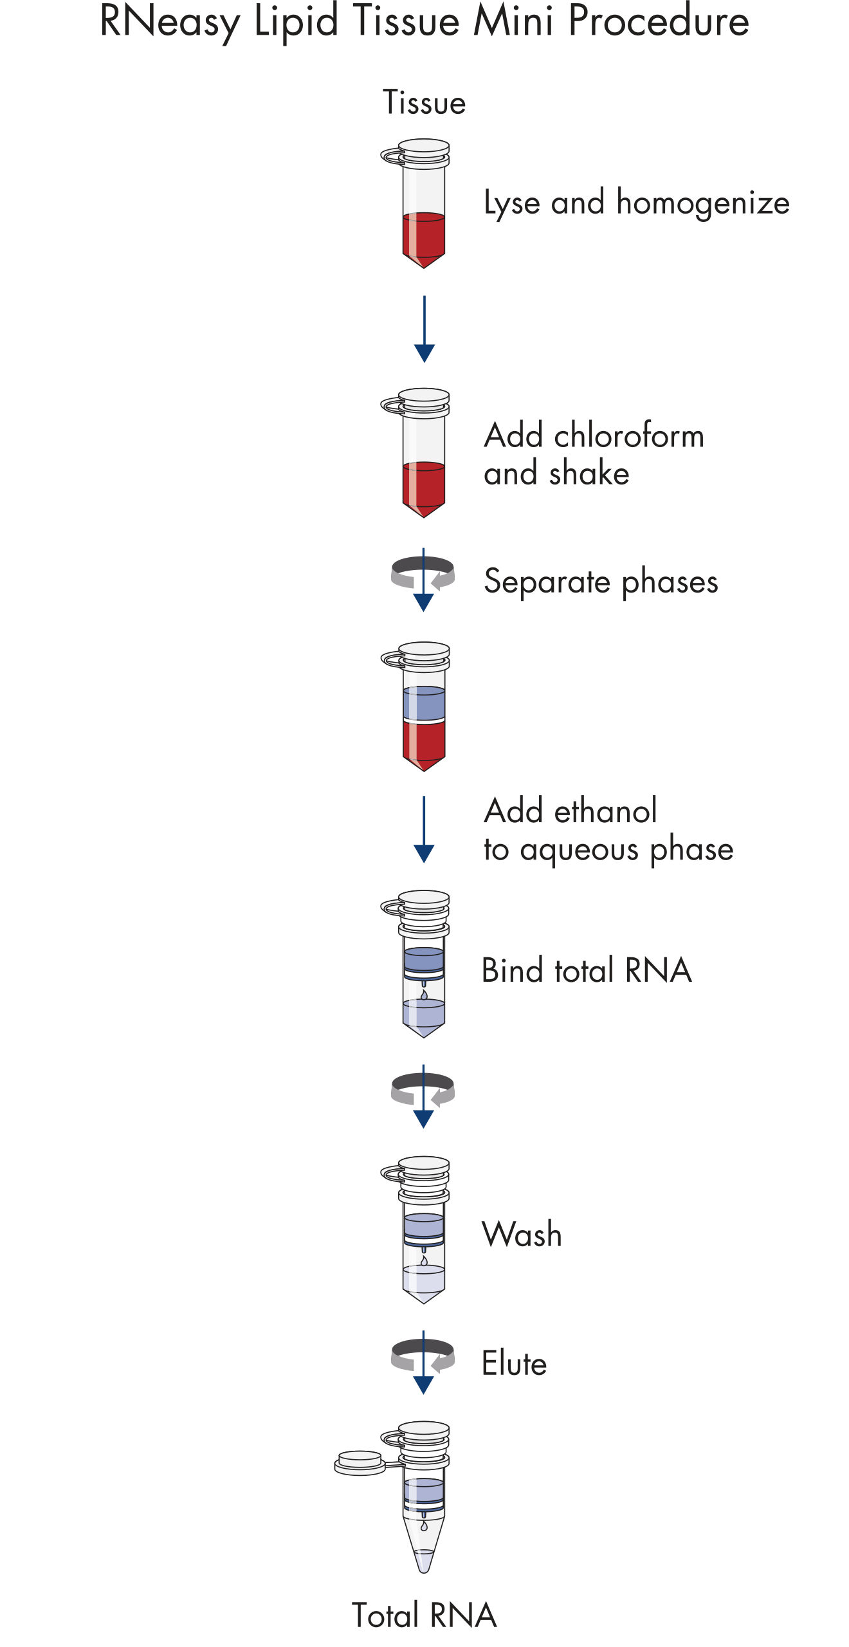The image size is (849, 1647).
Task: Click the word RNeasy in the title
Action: (x=170, y=22)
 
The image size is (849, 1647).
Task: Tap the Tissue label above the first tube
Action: (x=424, y=103)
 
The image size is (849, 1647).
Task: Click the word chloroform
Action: (x=629, y=436)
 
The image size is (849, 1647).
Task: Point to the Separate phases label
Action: (x=601, y=582)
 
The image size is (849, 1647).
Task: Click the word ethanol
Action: (x=605, y=811)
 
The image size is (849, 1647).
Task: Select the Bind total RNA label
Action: (x=586, y=971)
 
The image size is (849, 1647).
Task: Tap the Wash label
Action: (x=522, y=1235)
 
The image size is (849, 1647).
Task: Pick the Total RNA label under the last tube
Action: (x=424, y=1615)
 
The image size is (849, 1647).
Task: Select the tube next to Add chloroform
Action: (x=423, y=453)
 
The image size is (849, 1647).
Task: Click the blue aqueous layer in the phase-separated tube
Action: (x=424, y=703)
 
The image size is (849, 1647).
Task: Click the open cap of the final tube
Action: (x=360, y=1462)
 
